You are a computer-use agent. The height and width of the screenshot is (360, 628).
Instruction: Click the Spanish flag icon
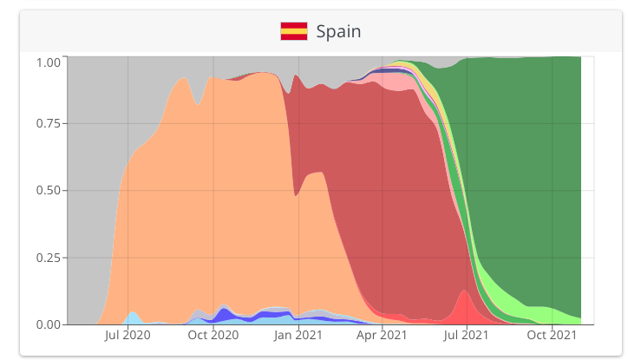[293, 31]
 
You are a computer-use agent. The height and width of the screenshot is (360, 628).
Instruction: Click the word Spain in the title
[338, 31]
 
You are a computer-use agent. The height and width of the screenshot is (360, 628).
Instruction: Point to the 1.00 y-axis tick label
[48, 62]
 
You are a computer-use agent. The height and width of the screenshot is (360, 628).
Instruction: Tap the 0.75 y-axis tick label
[48, 123]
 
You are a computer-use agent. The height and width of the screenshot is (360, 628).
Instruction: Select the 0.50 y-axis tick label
[48, 190]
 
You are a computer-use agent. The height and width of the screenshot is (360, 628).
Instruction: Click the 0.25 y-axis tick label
[48, 258]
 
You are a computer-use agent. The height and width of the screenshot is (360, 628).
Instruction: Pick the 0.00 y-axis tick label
[48, 324]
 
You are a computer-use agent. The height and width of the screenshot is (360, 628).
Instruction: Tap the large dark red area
[382, 191]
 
